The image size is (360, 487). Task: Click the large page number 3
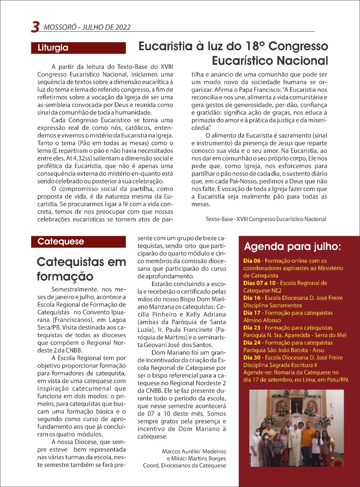[x=35, y=27]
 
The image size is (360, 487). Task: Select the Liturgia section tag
[x=53, y=48]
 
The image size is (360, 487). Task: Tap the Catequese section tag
[x=61, y=242]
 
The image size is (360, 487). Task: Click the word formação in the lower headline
[x=65, y=276]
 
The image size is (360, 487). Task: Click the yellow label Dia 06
[x=252, y=261]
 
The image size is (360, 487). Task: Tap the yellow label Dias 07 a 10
[x=260, y=283]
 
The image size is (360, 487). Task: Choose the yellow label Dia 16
[x=252, y=298]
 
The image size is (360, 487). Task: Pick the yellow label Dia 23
[x=252, y=328]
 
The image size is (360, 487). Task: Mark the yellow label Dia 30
[x=252, y=358]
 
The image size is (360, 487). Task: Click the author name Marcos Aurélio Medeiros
[x=194, y=452]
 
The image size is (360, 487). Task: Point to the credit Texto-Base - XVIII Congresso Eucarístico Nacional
[x=266, y=219]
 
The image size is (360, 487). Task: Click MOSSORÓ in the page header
[x=59, y=27]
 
